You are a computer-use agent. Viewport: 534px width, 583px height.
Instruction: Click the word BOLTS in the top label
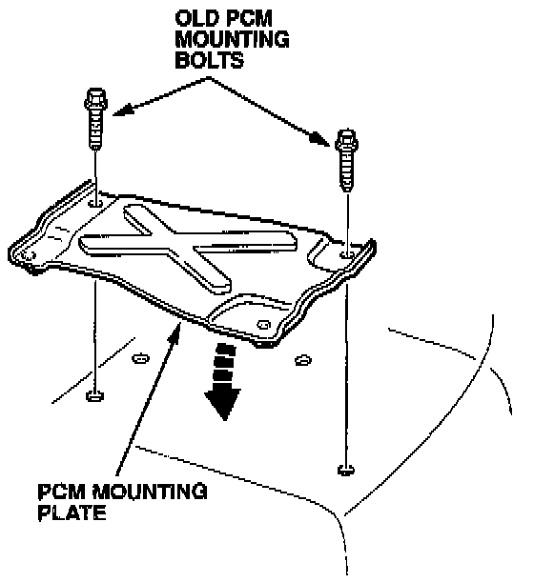pos(209,60)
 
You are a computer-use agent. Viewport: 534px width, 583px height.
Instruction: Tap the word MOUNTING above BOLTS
pos(232,39)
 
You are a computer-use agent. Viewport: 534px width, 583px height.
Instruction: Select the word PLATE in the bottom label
pos(72,513)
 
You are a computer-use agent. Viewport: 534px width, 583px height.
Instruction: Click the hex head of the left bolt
pos(96,98)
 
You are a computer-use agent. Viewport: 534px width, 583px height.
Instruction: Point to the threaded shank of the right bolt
pos(347,171)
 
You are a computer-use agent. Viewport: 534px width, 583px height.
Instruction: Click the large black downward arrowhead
pos(222,403)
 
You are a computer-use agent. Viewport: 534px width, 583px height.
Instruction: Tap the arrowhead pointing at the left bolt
pos(123,110)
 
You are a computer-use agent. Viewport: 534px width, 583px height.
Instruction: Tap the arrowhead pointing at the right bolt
pos(320,139)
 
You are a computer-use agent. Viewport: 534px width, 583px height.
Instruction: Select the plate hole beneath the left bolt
pos(96,203)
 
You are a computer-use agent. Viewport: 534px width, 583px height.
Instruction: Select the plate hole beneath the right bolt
pos(347,254)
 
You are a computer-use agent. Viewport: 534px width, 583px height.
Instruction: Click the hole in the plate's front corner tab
pos(264,325)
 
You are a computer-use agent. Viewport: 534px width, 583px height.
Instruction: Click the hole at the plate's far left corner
pos(29,254)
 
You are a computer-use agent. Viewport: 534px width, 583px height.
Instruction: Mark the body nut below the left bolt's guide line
pos(94,395)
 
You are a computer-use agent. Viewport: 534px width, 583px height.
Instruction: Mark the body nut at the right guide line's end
pos(346,470)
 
